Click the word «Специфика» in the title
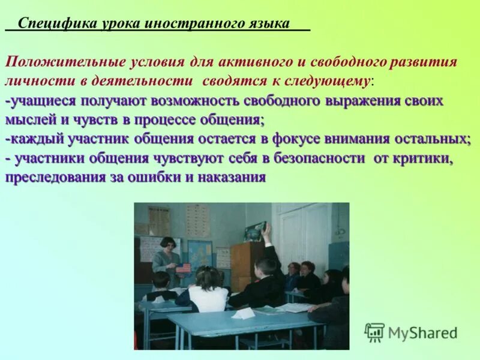pyautogui.click(x=49, y=23)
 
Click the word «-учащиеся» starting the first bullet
pyautogui.click(x=37, y=100)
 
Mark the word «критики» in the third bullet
pyautogui.click(x=428, y=158)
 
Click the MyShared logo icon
pyautogui.click(x=374, y=332)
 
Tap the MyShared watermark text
pyautogui.click(x=422, y=332)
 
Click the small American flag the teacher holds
pyautogui.click(x=182, y=268)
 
